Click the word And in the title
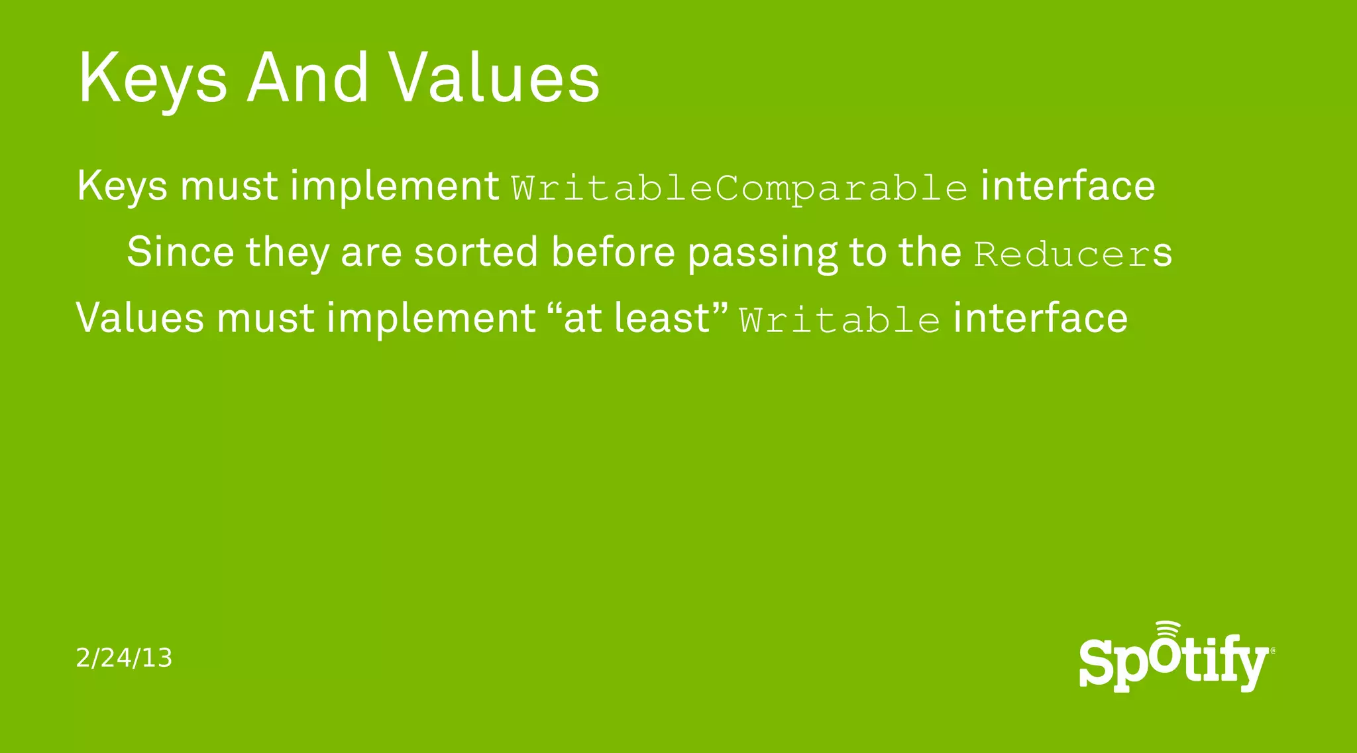pos(307,78)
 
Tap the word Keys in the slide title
pos(152,78)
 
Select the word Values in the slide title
pos(494,78)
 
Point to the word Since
pos(180,253)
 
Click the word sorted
pos(475,253)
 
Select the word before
pos(613,253)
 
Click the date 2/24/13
pos(124,658)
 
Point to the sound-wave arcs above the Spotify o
pos(1167,629)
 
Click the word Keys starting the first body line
pos(122,186)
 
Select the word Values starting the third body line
pos(140,318)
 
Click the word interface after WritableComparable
pos(1067,186)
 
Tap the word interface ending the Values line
pos(1040,318)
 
